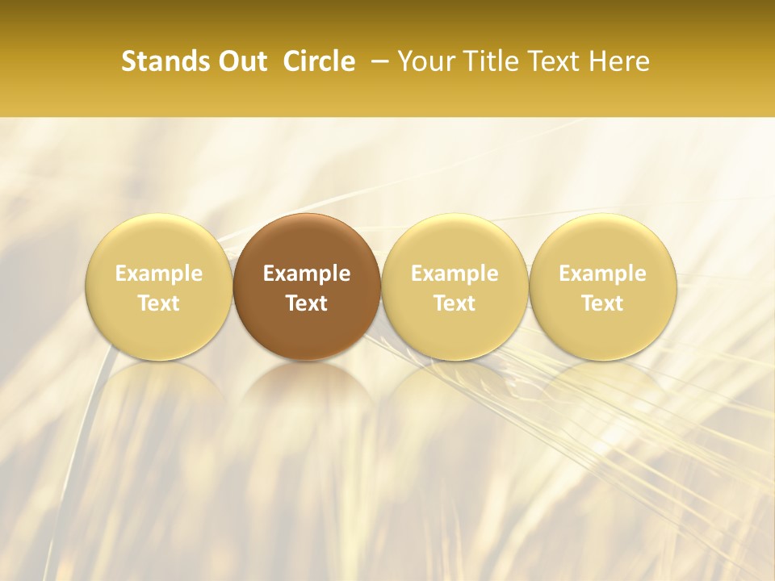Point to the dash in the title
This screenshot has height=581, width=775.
tap(377, 61)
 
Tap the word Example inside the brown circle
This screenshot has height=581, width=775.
tap(307, 274)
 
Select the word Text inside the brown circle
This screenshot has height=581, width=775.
tap(307, 303)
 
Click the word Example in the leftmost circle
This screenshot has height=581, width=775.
tap(159, 274)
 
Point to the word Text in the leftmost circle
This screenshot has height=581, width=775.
tap(159, 303)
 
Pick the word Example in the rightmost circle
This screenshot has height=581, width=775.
tap(603, 274)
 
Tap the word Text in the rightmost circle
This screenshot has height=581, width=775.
tap(603, 303)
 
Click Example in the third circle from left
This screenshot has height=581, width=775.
tap(455, 274)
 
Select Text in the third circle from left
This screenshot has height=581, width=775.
tap(455, 303)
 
